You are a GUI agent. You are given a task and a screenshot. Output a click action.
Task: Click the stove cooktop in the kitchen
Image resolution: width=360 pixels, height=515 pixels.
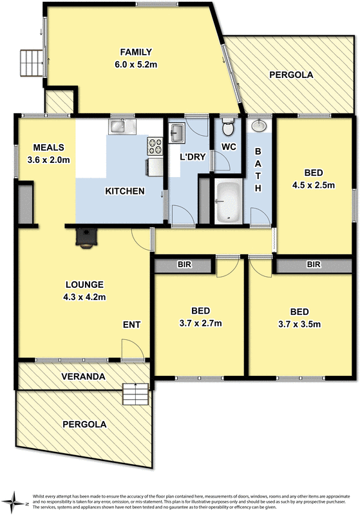[x=155, y=147]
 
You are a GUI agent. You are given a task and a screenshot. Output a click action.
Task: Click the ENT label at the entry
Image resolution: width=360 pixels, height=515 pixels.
[x=131, y=324]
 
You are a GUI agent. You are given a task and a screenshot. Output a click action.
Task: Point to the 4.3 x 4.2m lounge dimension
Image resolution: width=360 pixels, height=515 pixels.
[x=84, y=297]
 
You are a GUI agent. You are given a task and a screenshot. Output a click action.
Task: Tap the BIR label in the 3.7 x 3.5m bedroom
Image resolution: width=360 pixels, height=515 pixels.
[x=314, y=265]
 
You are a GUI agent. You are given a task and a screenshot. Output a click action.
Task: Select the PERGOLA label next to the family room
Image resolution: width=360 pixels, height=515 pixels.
[x=291, y=75]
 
